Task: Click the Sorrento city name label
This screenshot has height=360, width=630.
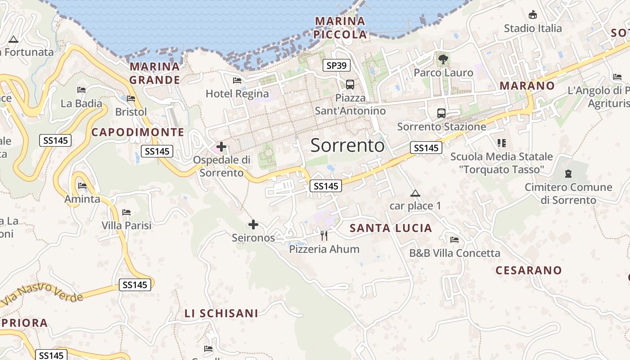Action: pos(347,145)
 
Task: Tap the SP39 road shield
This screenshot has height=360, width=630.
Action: pos(336,66)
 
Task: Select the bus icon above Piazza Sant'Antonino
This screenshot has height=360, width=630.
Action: pos(350,84)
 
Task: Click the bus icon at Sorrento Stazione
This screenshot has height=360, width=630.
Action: pos(441,113)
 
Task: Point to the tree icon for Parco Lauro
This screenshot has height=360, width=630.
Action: pos(443,58)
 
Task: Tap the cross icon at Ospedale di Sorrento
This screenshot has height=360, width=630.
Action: pos(221,146)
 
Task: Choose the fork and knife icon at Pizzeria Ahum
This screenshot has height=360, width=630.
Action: pos(324,235)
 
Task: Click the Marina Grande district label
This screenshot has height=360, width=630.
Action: pos(155,73)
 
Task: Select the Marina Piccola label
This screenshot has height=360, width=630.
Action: pos(340,27)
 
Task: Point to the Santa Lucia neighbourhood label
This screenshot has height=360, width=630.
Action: pos(391,228)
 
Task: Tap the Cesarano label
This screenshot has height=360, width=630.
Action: pos(529,270)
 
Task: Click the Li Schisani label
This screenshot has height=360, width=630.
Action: pos(221,313)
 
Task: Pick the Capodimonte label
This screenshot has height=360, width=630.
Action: pos(138,132)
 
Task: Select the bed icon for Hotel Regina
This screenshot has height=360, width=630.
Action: pos(237,81)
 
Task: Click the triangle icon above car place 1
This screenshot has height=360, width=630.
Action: pos(415,193)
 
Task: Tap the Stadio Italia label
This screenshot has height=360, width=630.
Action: pos(533,28)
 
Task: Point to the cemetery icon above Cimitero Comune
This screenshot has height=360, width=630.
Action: pos(568,173)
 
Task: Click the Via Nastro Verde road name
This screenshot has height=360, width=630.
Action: pos(43,294)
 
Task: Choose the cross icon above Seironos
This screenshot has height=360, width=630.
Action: pos(253,224)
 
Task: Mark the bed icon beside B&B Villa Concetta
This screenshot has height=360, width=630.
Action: pos(454,239)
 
